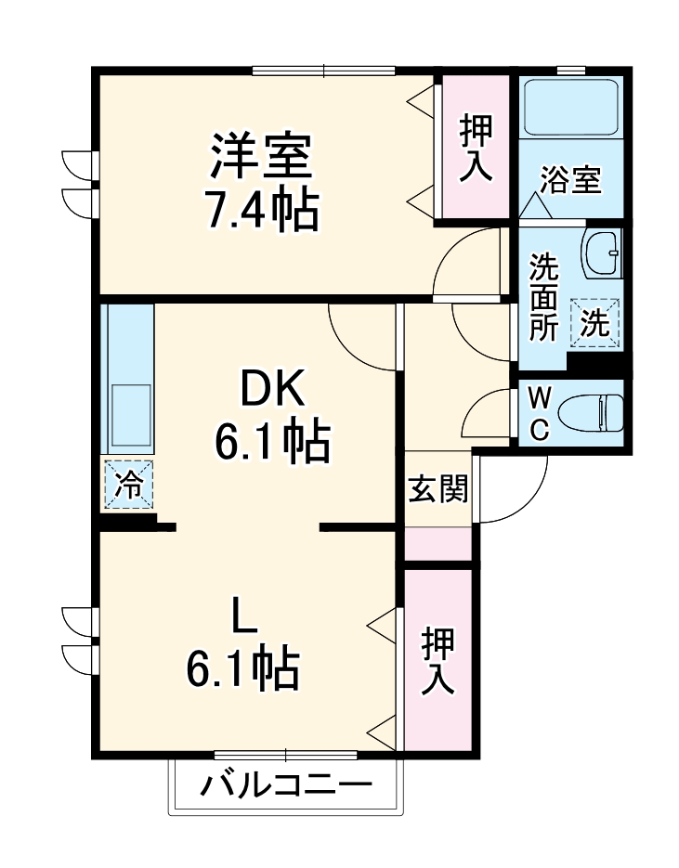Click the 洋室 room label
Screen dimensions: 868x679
pyautogui.click(x=261, y=159)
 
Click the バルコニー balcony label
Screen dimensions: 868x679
pyautogui.click(x=286, y=787)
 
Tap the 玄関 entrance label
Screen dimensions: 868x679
pyautogui.click(x=437, y=488)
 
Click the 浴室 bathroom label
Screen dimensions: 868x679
pyautogui.click(x=571, y=179)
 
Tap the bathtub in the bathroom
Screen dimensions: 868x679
pyautogui.click(x=569, y=109)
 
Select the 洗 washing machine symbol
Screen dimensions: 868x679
pyautogui.click(x=594, y=323)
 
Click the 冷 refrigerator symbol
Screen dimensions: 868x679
pyautogui.click(x=128, y=485)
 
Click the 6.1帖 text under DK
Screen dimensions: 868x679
pyautogui.click(x=272, y=443)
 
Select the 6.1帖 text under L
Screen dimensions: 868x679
pyautogui.click(x=243, y=667)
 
